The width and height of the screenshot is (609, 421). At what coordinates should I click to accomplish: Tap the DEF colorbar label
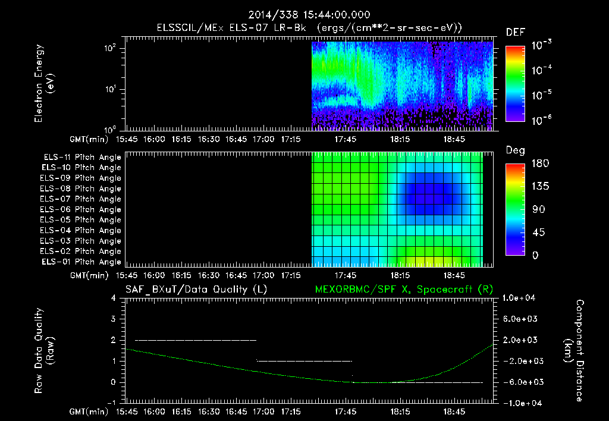tap(515, 32)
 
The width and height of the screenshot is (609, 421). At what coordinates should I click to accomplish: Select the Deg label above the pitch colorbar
tap(515, 150)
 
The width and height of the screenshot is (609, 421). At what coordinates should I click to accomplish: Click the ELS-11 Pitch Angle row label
tap(82, 158)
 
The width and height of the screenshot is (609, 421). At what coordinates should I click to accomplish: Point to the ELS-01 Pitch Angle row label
tap(82, 262)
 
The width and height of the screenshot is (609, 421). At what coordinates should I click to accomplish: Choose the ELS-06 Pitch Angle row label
tap(82, 209)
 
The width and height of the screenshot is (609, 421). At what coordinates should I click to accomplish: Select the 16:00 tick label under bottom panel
tap(154, 411)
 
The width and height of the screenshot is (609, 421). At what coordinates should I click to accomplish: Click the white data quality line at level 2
tap(196, 340)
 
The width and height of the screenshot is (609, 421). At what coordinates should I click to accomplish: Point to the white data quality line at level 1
tap(304, 361)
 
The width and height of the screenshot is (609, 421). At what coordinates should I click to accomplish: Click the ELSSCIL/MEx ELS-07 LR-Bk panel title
tap(309, 27)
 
